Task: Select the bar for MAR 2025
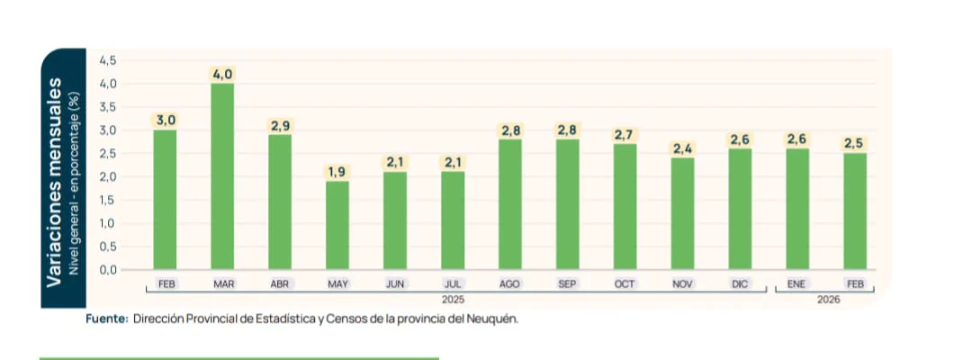point(222,176)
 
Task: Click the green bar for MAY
point(337,225)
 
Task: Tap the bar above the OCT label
point(625,206)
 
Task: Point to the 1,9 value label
point(337,171)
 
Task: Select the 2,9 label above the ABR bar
point(280,125)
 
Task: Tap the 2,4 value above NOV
point(682,148)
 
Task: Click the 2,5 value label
point(854,143)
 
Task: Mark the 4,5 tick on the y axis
point(107,60)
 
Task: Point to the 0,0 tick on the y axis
point(107,269)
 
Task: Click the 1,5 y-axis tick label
point(107,200)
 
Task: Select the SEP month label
point(567,283)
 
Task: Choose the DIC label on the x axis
point(740,283)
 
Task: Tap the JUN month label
point(395,283)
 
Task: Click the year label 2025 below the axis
point(453,299)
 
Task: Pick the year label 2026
point(828,299)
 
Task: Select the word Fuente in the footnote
point(106,319)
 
